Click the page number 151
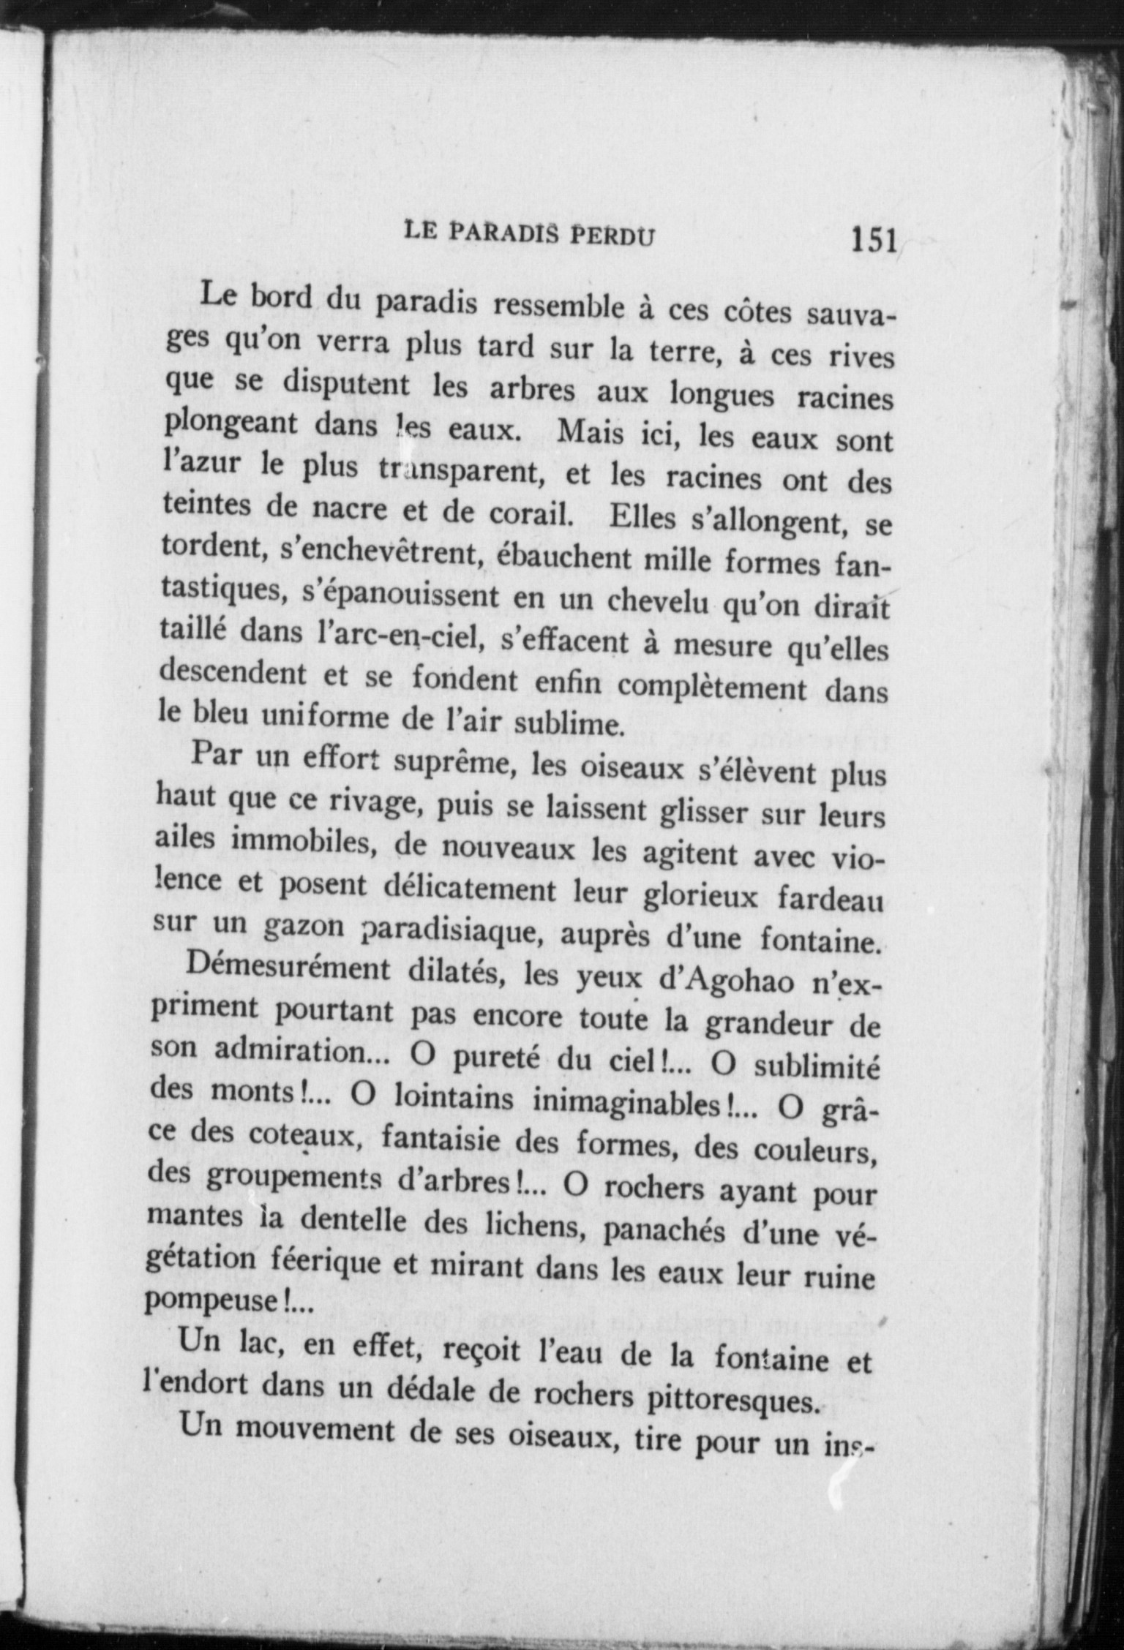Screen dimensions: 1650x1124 874,240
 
